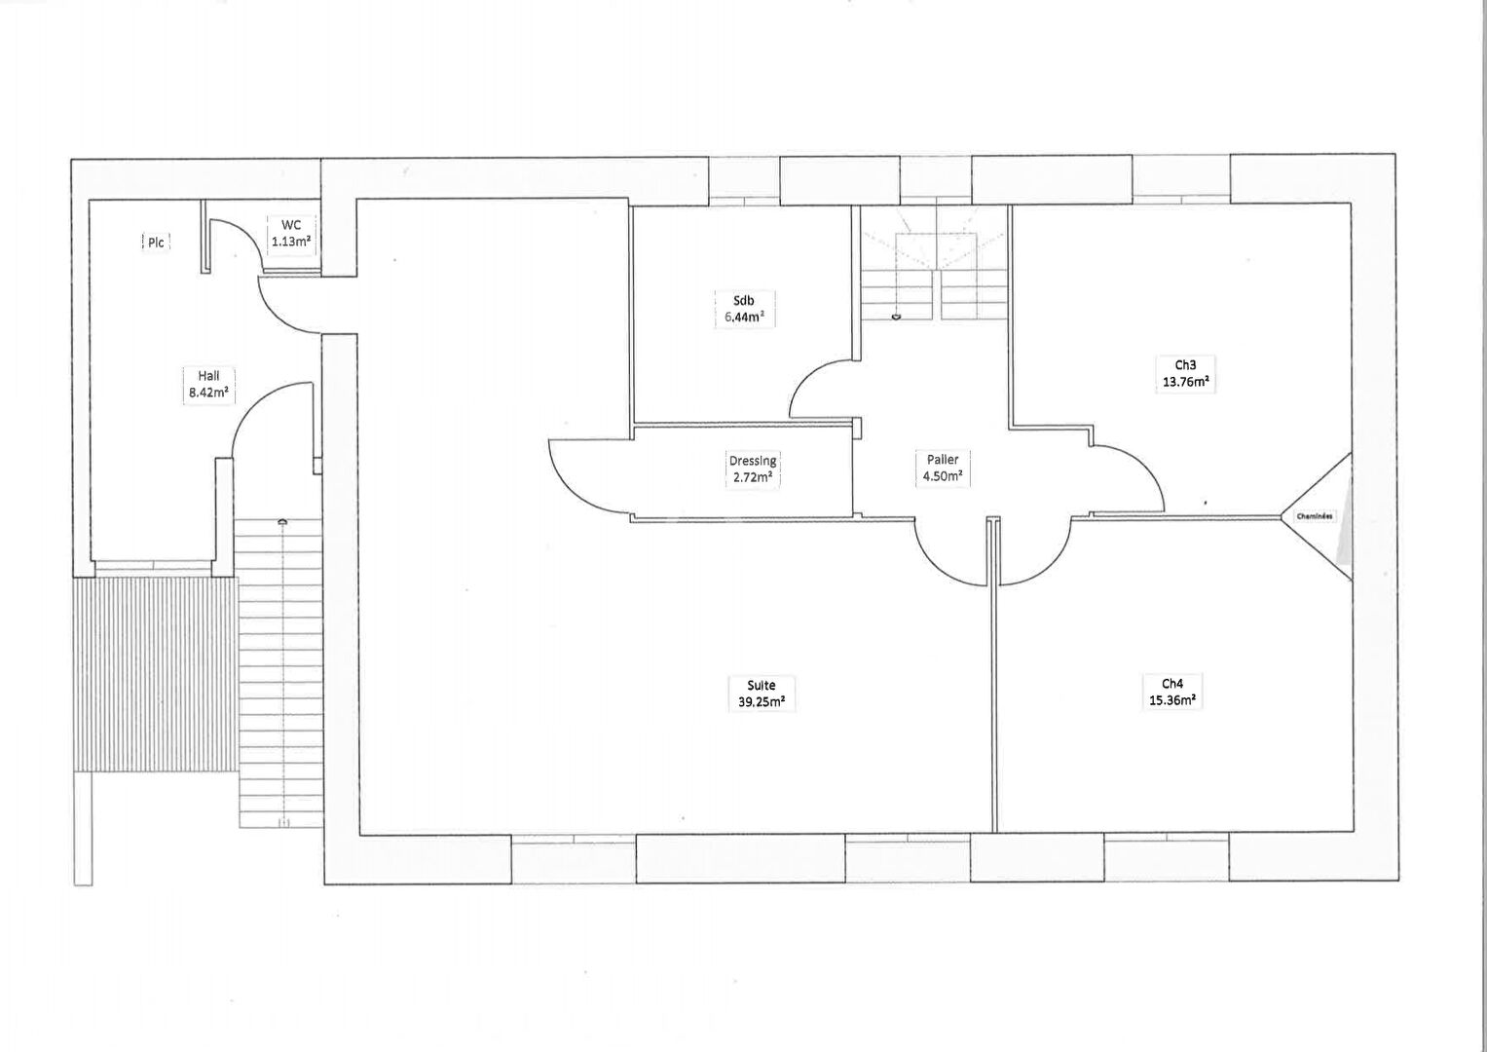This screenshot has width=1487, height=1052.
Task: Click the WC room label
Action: (x=292, y=226)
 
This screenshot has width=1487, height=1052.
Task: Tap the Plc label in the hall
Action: (x=155, y=243)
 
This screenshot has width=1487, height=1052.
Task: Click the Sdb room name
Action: (x=744, y=300)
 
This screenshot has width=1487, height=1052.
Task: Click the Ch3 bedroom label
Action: (x=1185, y=365)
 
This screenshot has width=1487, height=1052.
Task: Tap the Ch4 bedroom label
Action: (x=1171, y=683)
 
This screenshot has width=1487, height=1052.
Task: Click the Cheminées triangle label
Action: (x=1314, y=516)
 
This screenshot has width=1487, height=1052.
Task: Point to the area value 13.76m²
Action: (x=1185, y=382)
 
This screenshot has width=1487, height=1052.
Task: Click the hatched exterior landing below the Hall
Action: (x=156, y=673)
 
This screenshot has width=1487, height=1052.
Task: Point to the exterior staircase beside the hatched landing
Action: (x=279, y=672)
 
